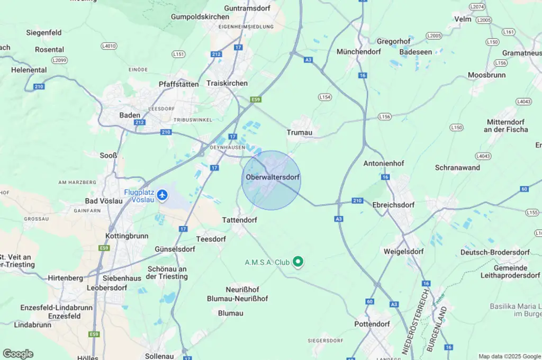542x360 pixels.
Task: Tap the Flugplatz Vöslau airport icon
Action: [162, 195]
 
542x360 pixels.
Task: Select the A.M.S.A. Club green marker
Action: [298, 262]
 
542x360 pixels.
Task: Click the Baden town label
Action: [130, 115]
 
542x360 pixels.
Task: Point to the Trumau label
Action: [300, 132]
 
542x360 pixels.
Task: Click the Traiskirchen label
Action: [227, 84]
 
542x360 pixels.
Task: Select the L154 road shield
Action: [325, 97]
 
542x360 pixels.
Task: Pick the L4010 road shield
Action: [109, 46]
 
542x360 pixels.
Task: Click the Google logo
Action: [17, 354]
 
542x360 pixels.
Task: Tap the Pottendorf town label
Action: [372, 324]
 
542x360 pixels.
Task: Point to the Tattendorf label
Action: [240, 219]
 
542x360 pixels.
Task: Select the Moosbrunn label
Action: [486, 75]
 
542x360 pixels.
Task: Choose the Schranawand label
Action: [457, 167]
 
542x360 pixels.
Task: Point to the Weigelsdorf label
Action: [403, 251]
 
